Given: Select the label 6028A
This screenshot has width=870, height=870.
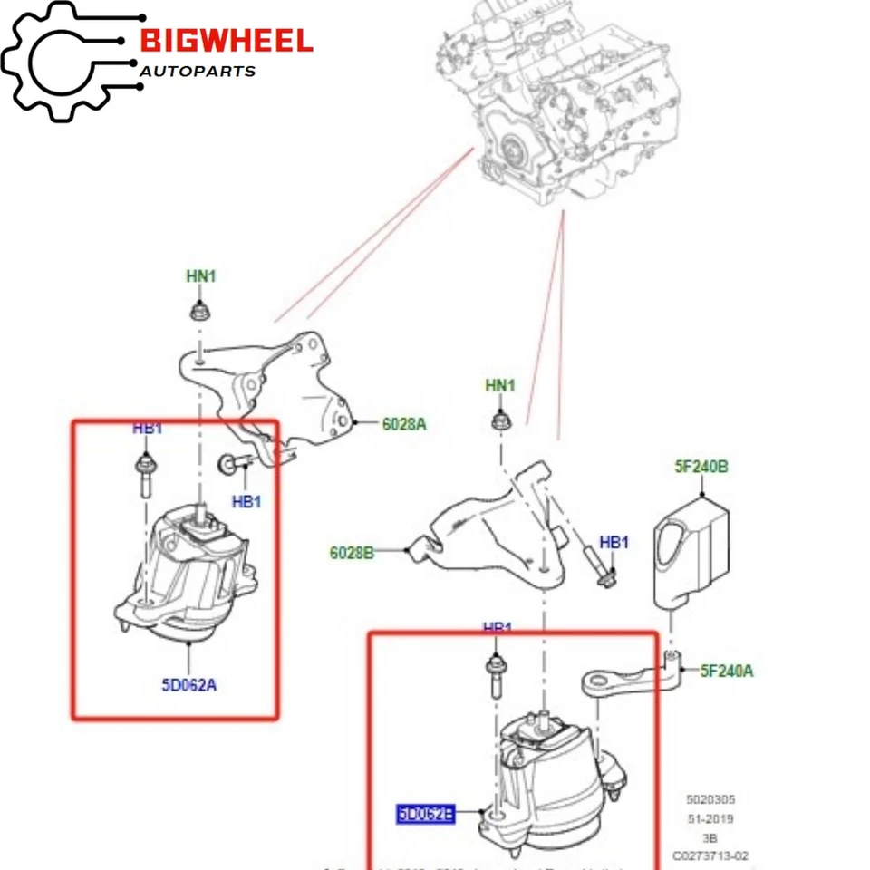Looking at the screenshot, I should click(x=404, y=422).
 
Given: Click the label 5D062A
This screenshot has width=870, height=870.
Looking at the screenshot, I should click(x=189, y=684).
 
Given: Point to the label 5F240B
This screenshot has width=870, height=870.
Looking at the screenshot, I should click(x=702, y=467).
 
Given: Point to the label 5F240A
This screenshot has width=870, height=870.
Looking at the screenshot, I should click(x=728, y=671).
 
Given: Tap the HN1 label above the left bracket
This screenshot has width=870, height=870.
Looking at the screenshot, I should click(x=201, y=276).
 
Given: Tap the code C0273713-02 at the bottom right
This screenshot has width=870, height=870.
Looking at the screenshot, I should click(x=710, y=855).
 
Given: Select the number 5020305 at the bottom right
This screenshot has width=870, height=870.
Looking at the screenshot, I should click(x=710, y=799).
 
